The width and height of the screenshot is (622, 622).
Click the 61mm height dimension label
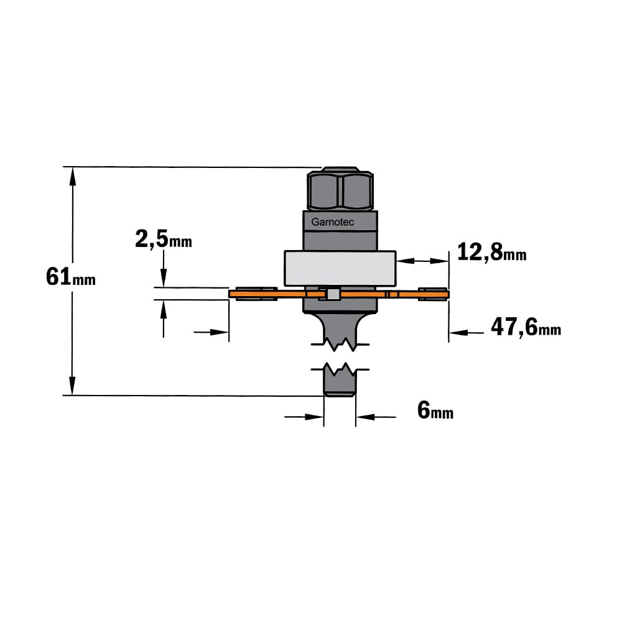tap(71, 277)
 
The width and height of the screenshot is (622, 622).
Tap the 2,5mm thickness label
tap(164, 239)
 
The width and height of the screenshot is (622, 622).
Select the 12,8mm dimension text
tap(491, 252)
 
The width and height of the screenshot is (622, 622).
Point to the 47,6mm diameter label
tap(526, 327)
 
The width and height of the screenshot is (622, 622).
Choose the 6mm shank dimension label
tap(435, 410)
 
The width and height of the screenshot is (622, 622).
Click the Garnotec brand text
tap(332, 222)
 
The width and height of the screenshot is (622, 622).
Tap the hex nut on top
tap(340, 188)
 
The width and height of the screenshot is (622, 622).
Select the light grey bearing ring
tap(340, 269)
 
